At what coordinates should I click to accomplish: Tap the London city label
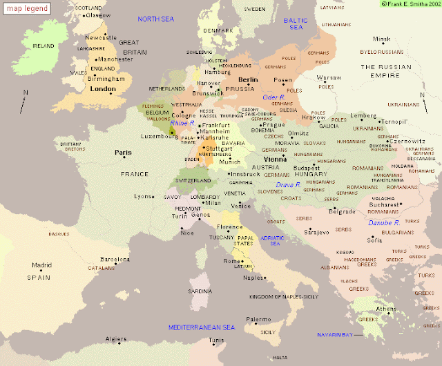click(x=102, y=89)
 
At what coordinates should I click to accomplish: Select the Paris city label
click(x=123, y=153)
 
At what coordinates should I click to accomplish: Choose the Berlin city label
click(x=247, y=80)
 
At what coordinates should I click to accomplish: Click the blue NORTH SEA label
click(x=158, y=19)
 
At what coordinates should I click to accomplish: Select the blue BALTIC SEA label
click(x=296, y=23)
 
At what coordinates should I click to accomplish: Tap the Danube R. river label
click(x=383, y=223)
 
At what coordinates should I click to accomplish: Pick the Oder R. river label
click(x=273, y=97)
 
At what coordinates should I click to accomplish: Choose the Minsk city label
click(x=382, y=39)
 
